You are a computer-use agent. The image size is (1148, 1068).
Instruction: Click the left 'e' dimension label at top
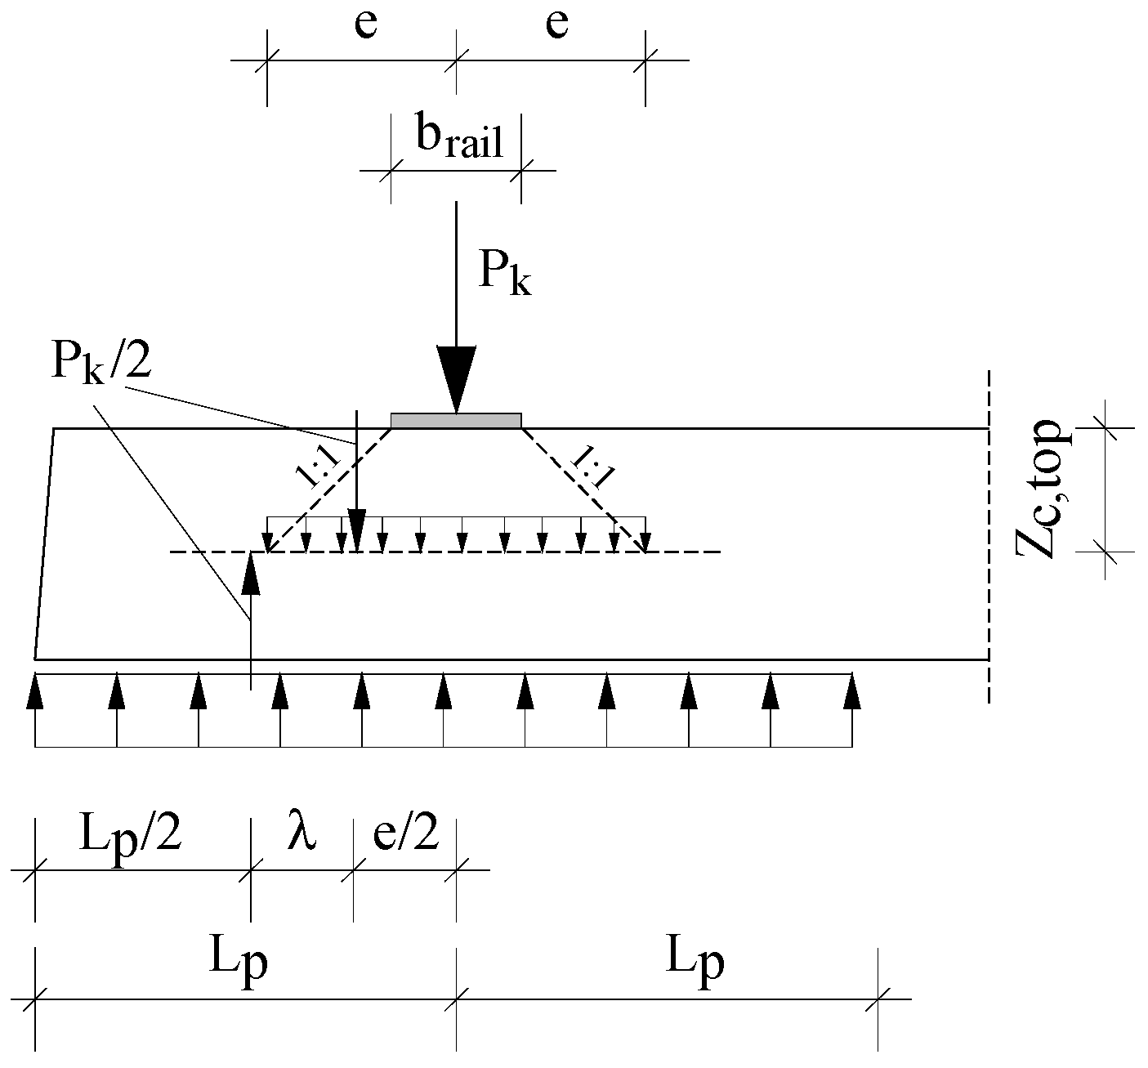point(365,25)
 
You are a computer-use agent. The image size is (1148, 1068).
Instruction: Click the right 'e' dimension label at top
point(556,25)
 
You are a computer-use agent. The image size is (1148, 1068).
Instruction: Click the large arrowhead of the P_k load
point(456,376)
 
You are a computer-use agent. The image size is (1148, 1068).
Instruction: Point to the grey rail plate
point(456,420)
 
